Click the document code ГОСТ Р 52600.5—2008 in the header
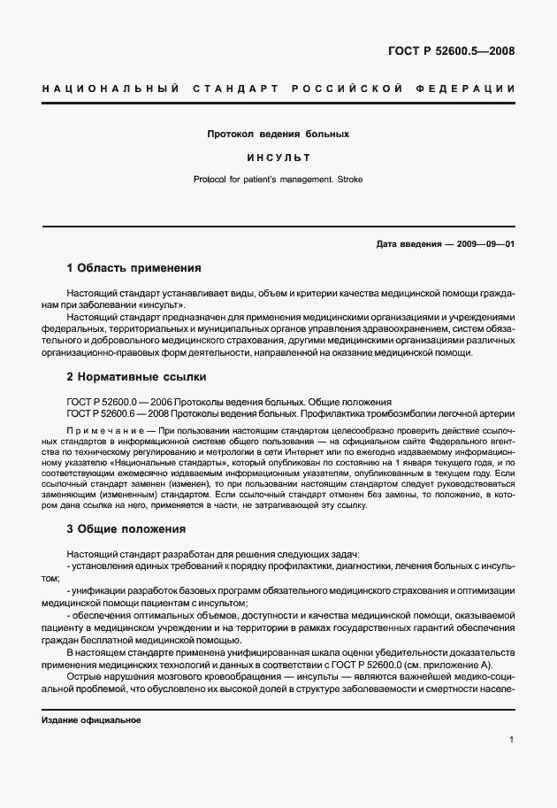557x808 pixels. (451, 50)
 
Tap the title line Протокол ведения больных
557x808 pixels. (278, 135)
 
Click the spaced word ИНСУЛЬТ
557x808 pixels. (278, 158)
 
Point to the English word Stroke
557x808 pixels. (347, 180)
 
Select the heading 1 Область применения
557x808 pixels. (134, 267)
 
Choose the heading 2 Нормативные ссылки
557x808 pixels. (136, 376)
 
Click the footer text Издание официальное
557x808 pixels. (91, 720)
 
